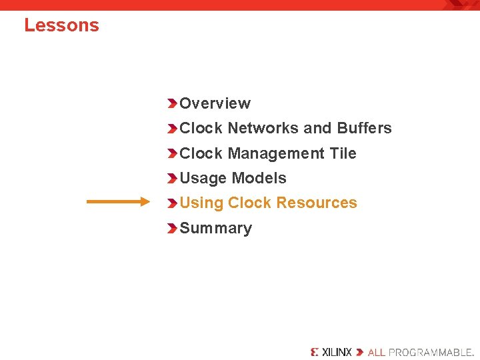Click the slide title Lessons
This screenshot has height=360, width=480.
click(61, 25)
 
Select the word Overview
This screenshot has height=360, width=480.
click(215, 103)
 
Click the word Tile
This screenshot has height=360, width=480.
click(343, 153)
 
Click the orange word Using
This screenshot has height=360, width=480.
click(201, 203)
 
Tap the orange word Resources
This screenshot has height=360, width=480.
click(317, 203)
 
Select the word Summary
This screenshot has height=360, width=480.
click(215, 228)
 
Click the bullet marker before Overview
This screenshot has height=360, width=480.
click(172, 103)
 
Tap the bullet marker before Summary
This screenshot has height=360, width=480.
click(172, 229)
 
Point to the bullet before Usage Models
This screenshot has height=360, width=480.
click(172, 179)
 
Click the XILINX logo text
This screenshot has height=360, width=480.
click(336, 352)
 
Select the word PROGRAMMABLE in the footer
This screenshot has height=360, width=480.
click(431, 352)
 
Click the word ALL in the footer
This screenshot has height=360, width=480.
click(376, 352)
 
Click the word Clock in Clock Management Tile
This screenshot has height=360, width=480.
click(201, 153)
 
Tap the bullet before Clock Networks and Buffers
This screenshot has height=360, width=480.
click(172, 129)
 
